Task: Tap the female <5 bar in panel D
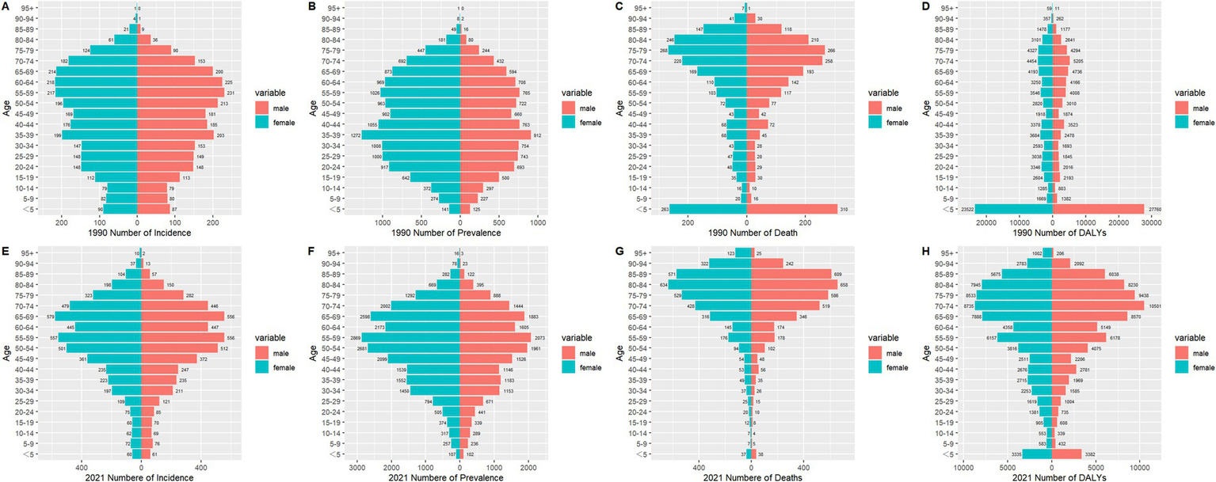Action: [1014, 209]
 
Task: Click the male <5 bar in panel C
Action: [791, 209]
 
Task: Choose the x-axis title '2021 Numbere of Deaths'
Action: [750, 477]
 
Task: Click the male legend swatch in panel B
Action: [569, 108]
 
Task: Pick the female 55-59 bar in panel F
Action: [410, 338]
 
